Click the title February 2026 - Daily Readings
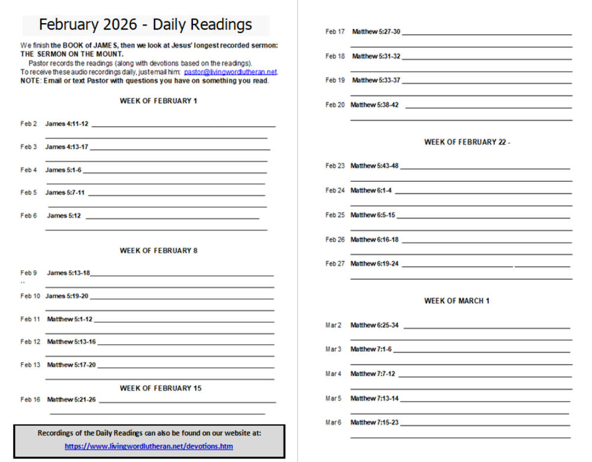pyautogui.click(x=146, y=25)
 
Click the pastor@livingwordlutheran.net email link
pyautogui.click(x=230, y=72)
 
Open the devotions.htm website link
pyautogui.click(x=149, y=446)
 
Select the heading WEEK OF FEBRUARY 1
pyautogui.click(x=159, y=101)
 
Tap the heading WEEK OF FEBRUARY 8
pyautogui.click(x=159, y=251)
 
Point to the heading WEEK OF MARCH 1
pyautogui.click(x=456, y=301)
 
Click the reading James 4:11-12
pyautogui.click(x=67, y=124)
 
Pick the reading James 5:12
pyautogui.click(x=64, y=216)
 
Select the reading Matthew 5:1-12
pyautogui.click(x=70, y=319)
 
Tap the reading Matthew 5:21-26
pyautogui.click(x=71, y=400)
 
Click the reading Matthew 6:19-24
pyautogui.click(x=374, y=264)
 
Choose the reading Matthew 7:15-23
pyautogui.click(x=374, y=422)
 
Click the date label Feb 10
pyautogui.click(x=30, y=296)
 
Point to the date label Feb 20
pyautogui.click(x=335, y=105)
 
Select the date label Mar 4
pyautogui.click(x=333, y=374)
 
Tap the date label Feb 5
pyautogui.click(x=28, y=192)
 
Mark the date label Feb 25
pyautogui.click(x=335, y=215)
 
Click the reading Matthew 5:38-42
pyautogui.click(x=374, y=105)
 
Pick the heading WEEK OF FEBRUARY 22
pyautogui.click(x=465, y=142)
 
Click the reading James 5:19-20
pyautogui.click(x=67, y=296)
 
